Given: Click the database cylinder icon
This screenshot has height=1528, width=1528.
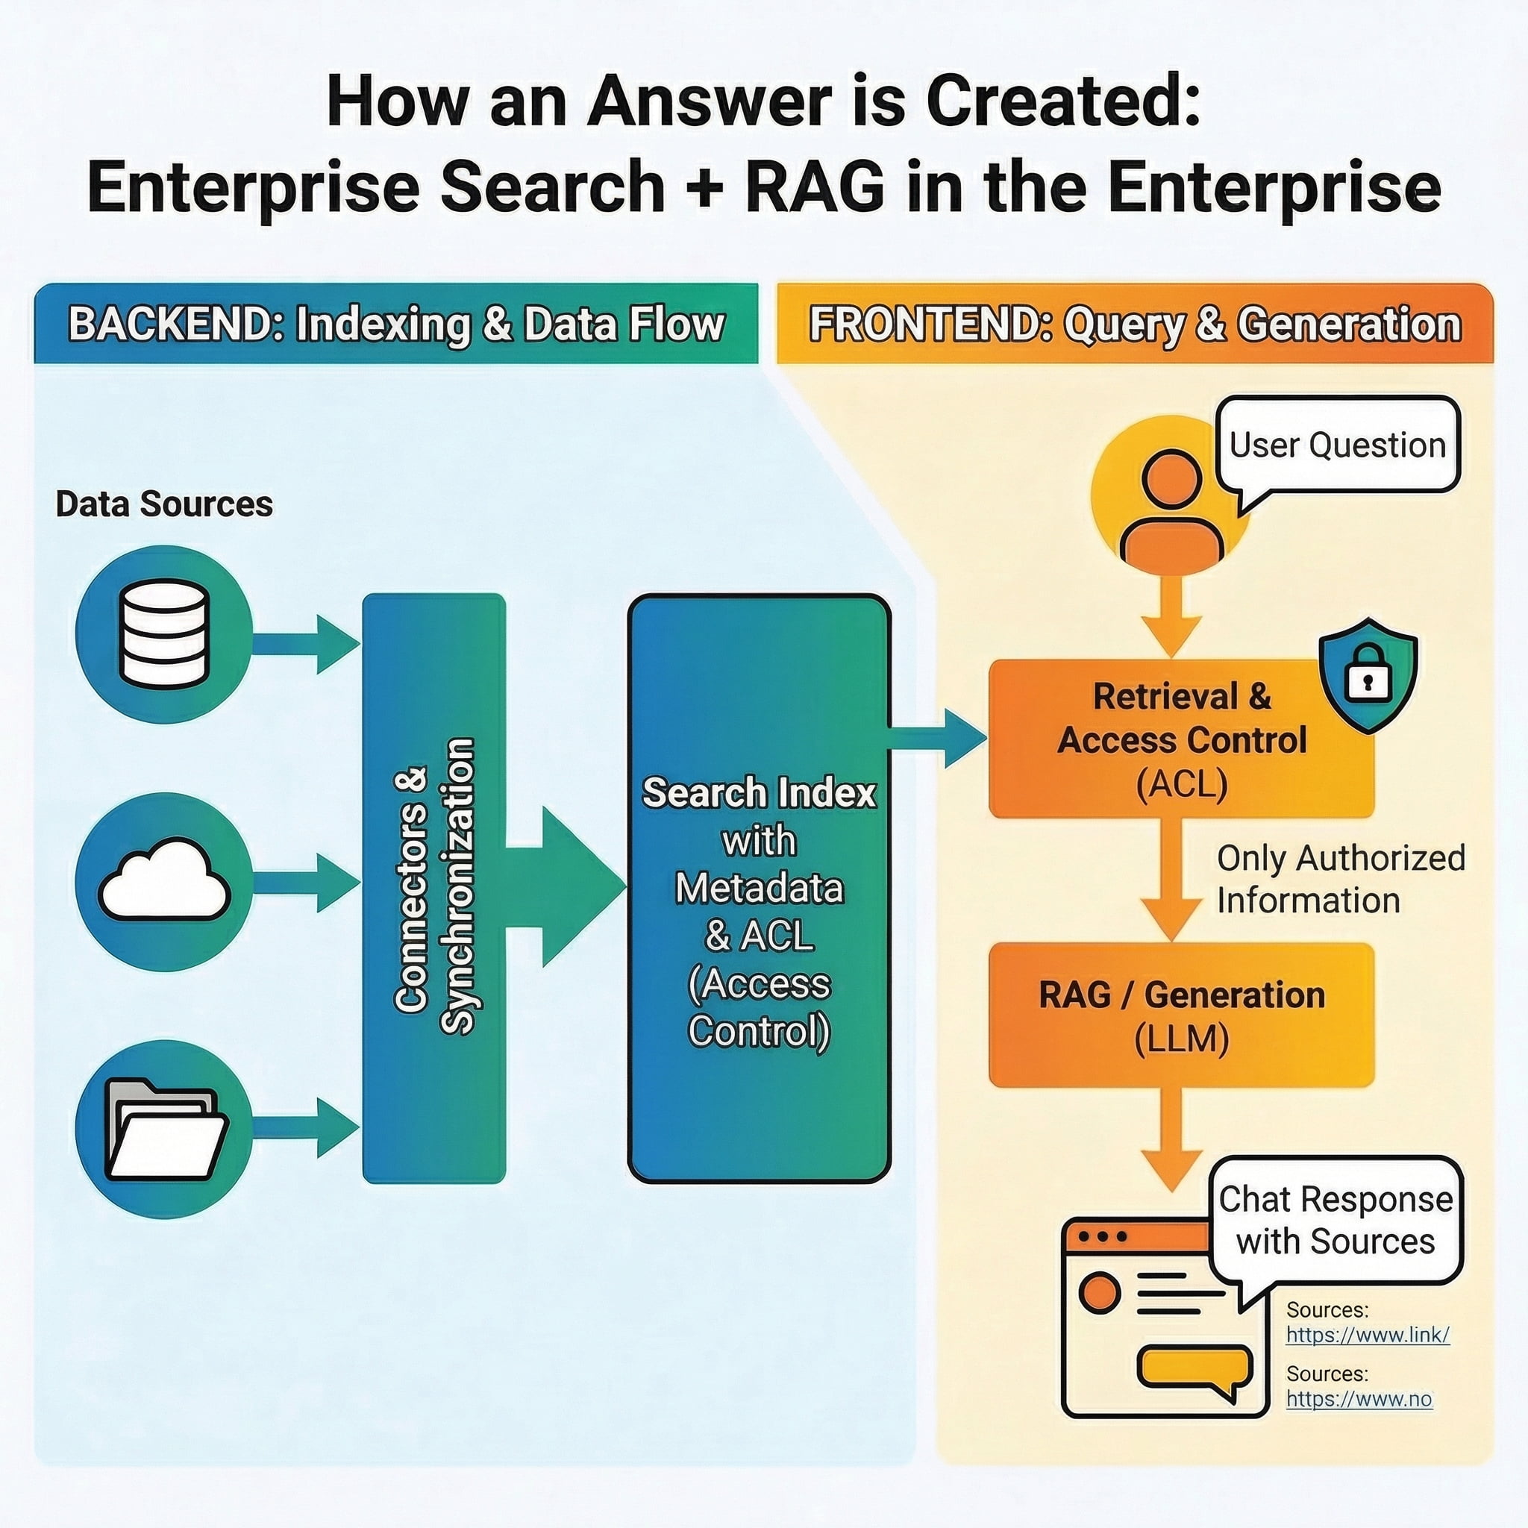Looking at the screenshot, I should click(x=163, y=633).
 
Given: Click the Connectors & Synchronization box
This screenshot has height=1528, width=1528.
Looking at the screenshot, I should click(x=433, y=887).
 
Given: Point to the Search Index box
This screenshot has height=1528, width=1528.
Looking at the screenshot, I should click(x=759, y=887).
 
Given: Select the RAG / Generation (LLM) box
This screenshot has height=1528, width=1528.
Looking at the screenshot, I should click(x=1181, y=1015).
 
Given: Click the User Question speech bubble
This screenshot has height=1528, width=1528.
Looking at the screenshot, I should click(x=1336, y=445).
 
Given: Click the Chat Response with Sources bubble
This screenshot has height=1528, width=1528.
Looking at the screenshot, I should click(x=1336, y=1221).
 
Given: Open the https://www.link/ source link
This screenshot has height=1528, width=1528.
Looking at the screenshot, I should click(x=1368, y=1335).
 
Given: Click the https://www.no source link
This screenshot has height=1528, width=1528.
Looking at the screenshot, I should click(x=1358, y=1399).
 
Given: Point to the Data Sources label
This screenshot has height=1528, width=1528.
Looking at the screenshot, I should click(x=163, y=504).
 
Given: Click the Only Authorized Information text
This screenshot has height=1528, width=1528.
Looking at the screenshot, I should click(x=1340, y=879).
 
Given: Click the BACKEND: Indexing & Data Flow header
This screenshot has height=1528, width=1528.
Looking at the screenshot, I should click(x=395, y=325).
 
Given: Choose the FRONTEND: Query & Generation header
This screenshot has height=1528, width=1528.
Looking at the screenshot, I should click(x=1134, y=325).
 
